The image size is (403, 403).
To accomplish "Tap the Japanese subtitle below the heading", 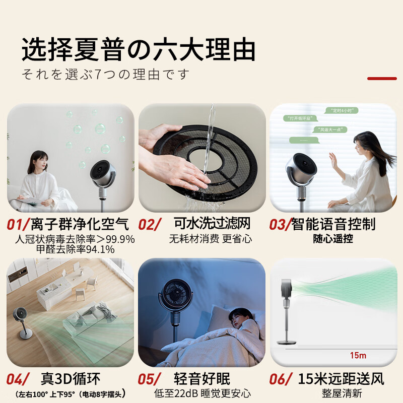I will click(106, 75).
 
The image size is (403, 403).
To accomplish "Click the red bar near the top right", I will click(382, 79).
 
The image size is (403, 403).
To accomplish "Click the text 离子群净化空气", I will click(80, 224).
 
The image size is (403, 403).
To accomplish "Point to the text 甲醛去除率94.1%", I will click(76, 249).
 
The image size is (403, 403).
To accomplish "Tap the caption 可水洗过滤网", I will click(212, 223).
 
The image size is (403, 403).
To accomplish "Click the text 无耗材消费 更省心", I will click(211, 238).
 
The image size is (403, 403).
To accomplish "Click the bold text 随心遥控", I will click(333, 239).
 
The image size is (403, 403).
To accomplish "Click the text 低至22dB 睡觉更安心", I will click(202, 393).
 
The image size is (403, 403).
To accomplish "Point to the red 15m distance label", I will click(358, 356).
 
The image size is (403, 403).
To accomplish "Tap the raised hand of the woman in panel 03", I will click(333, 160).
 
